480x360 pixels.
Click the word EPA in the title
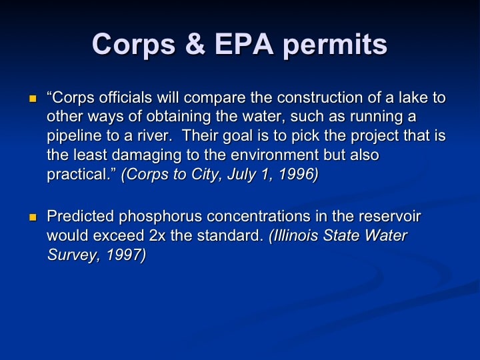click(x=244, y=44)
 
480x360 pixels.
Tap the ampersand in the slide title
click(x=195, y=44)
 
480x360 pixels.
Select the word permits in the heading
click(x=335, y=45)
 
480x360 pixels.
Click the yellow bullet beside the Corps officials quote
click(x=33, y=99)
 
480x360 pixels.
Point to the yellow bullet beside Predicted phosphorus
click(x=33, y=217)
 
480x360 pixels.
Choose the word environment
click(x=275, y=155)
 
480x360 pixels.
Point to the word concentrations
click(x=259, y=216)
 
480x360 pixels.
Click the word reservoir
click(x=390, y=216)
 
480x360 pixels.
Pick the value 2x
click(x=157, y=236)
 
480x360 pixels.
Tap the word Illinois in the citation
click(x=294, y=236)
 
